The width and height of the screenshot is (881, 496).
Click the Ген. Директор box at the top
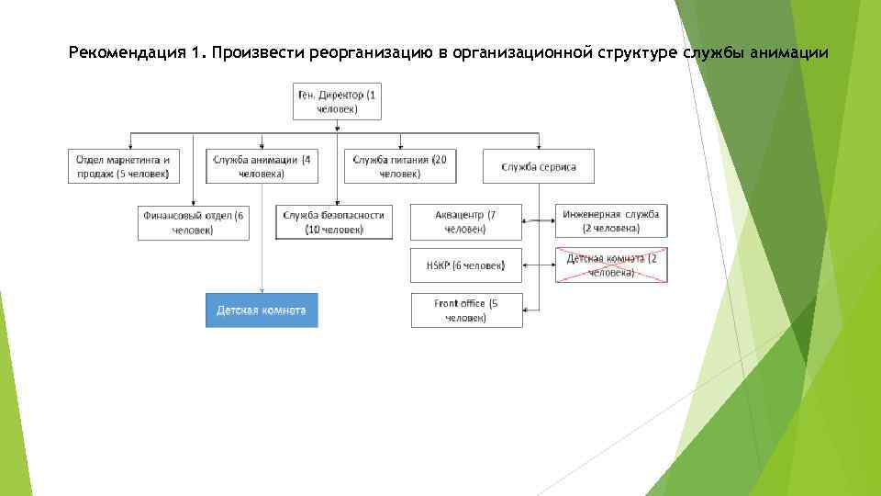pos(337,102)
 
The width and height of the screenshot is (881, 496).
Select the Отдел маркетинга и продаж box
pos(123,166)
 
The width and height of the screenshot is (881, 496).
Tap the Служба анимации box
pos(262,166)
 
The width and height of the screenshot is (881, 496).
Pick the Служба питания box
pos(400,166)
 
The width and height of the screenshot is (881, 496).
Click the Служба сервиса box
pos(539,166)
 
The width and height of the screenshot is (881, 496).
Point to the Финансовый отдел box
pos(194,222)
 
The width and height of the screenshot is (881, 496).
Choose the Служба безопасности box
pos(333,222)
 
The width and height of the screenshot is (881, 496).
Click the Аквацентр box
pos(466,222)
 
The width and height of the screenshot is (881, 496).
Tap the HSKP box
pos(466,265)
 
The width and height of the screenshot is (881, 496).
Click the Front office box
pos(466,310)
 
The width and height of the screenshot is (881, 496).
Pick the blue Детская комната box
pos(262,310)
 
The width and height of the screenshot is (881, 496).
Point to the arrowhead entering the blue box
pos(262,291)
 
